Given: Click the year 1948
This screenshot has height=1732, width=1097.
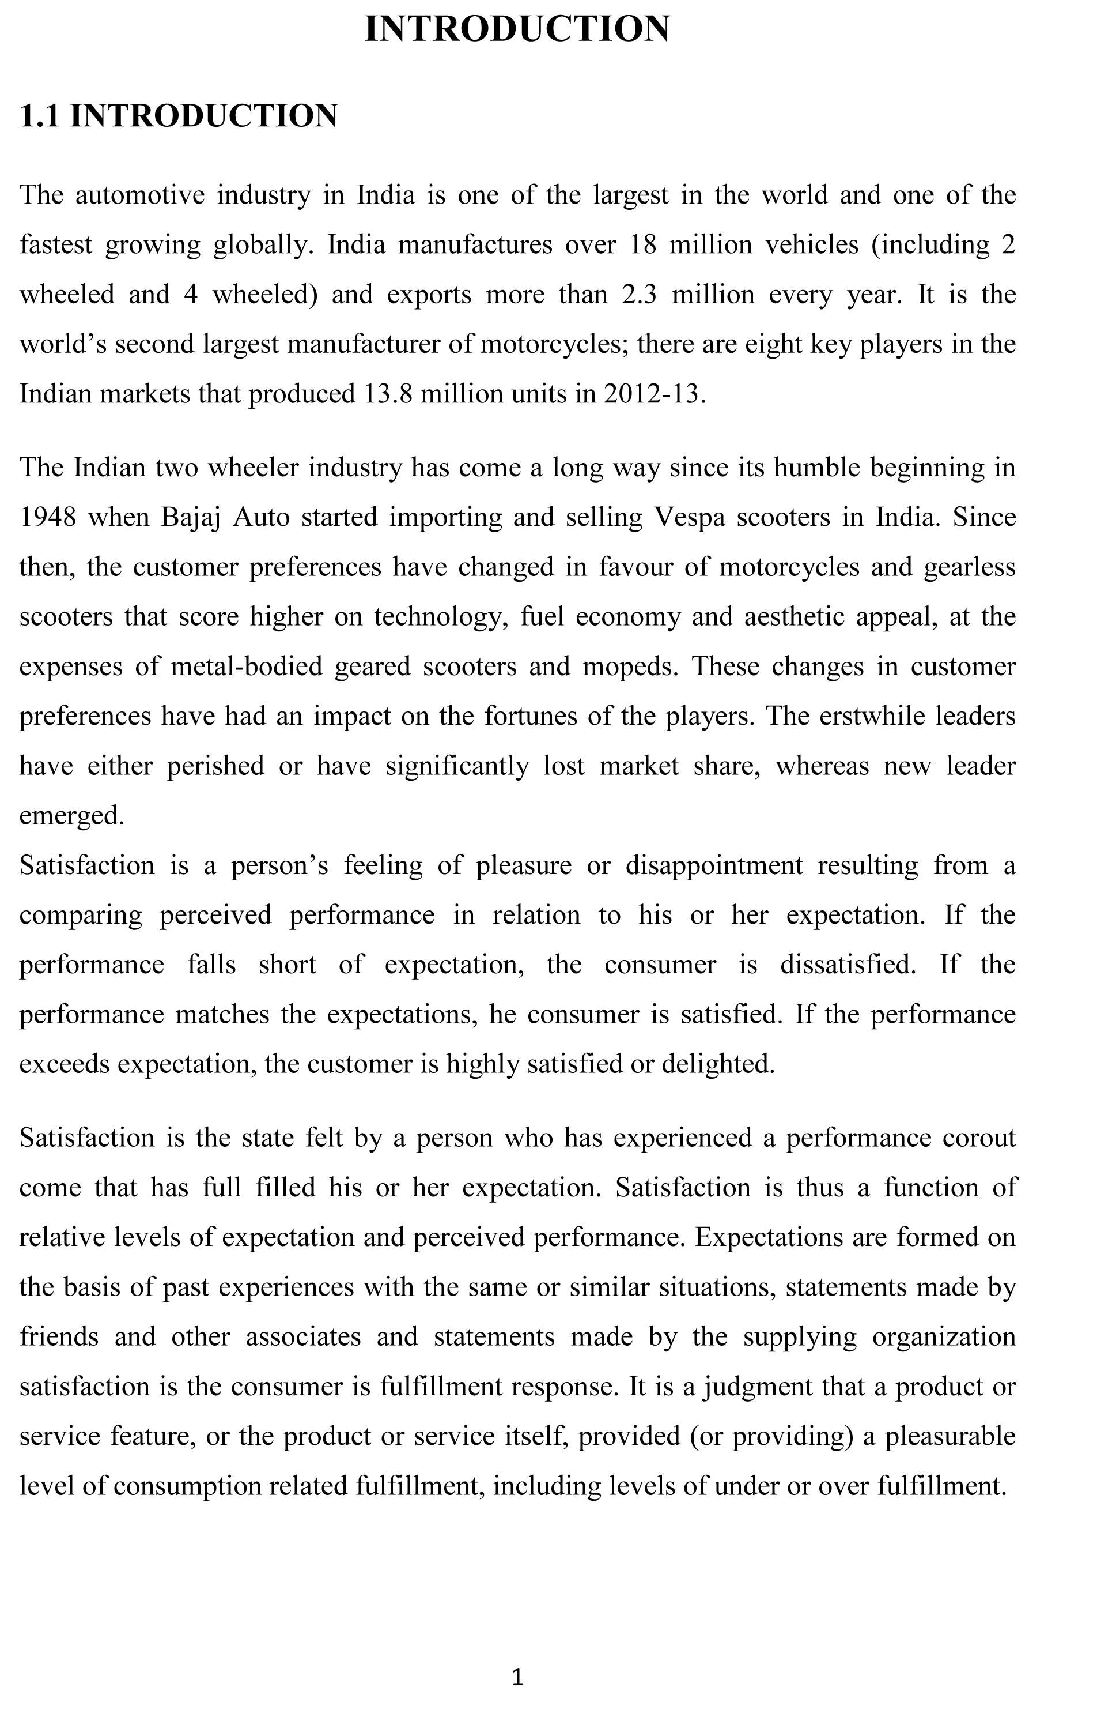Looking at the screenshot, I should coord(47,518).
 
